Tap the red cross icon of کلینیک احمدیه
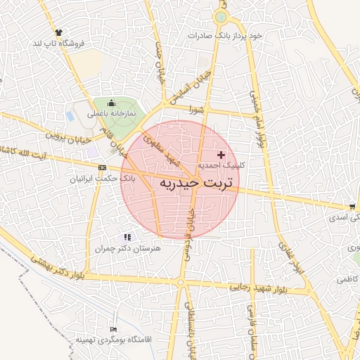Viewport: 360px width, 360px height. click(x=221, y=154)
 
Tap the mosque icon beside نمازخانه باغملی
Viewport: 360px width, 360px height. click(x=110, y=103)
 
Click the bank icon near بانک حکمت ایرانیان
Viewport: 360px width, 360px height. click(x=103, y=167)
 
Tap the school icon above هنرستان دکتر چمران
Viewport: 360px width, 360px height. click(x=127, y=238)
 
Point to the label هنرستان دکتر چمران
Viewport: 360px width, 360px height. click(x=127, y=249)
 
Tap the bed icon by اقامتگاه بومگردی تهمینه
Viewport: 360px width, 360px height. click(x=114, y=330)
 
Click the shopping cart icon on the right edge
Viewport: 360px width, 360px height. click(x=352, y=207)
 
